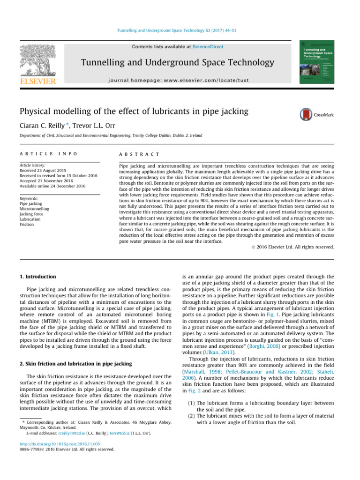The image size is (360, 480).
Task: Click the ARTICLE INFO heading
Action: [x=47, y=154]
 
